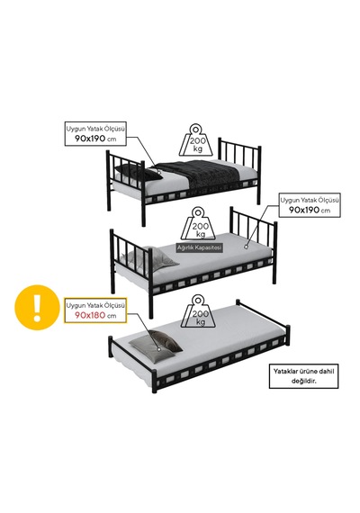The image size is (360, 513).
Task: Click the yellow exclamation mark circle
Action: pos(37,308)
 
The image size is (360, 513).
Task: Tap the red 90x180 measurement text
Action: pos(90,315)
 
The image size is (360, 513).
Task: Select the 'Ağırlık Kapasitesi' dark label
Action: pos(199,247)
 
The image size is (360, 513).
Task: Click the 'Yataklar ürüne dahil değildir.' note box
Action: pos(303,376)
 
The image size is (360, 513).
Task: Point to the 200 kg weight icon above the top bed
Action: pos(196,140)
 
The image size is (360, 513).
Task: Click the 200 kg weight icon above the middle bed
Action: pos(198,223)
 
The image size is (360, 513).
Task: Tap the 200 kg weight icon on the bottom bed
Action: pos(198,310)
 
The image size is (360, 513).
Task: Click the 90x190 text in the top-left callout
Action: pos(90,139)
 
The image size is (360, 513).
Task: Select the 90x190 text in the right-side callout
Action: pos(304,210)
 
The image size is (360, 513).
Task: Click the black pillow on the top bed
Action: pos(138,173)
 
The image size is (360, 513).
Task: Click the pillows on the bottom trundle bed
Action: pos(156,346)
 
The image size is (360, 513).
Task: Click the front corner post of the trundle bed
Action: pos(154,382)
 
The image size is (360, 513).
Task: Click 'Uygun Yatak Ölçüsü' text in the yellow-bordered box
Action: pos(95,306)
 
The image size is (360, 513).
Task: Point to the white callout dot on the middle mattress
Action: pos(246,247)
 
